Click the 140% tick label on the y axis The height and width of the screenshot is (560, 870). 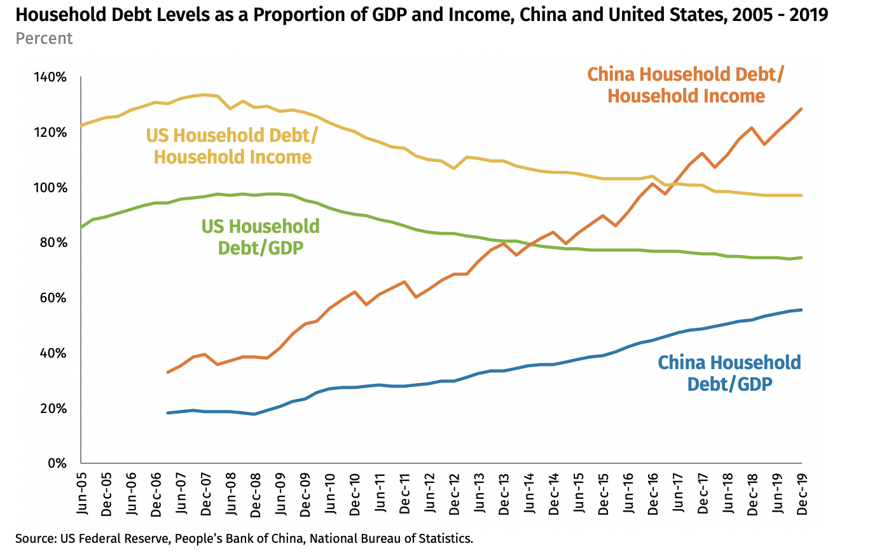50,78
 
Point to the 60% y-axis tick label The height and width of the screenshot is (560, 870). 53,298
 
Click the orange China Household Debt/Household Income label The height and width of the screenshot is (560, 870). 686,85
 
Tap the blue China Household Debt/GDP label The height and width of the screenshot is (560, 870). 729,373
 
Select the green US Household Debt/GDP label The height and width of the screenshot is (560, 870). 260,237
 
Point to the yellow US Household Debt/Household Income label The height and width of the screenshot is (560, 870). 229,146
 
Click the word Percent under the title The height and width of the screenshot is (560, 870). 44,38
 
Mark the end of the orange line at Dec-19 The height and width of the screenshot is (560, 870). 801,109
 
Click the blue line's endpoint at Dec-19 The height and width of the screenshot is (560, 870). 801,310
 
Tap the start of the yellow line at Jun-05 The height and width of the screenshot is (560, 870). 81,125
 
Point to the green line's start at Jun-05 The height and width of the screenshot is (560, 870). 81,227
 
